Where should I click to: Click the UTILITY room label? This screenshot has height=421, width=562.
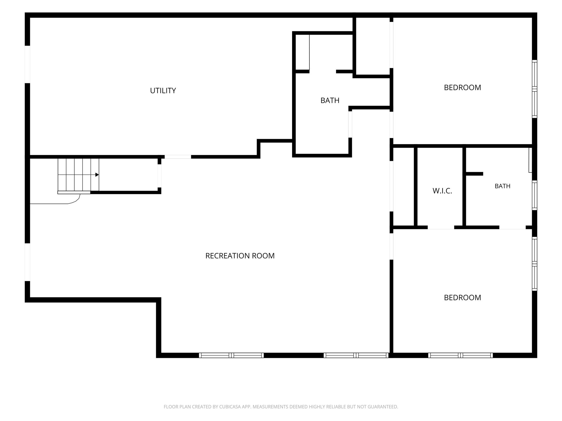(163, 91)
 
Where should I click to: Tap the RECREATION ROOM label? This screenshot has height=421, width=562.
(240, 256)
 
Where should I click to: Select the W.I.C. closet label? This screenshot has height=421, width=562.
(442, 191)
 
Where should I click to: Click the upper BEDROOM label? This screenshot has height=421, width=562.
(462, 87)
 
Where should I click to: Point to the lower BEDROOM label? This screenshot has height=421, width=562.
(462, 297)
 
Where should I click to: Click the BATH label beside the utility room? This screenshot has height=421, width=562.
(330, 100)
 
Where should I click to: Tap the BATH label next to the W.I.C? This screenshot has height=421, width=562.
(503, 186)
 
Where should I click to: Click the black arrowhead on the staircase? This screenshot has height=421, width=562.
(97, 175)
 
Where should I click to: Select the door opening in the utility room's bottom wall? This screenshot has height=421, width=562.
(178, 157)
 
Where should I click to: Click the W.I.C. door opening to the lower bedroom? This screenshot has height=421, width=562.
(441, 227)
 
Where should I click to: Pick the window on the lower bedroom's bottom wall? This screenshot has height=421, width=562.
(460, 355)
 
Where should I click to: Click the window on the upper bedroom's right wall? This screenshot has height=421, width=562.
(534, 89)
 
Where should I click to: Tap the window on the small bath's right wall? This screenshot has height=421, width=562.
(534, 195)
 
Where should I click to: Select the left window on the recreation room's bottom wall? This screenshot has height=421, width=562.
(231, 355)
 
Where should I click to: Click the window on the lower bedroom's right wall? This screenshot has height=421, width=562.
(534, 264)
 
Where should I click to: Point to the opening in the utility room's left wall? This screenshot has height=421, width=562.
(28, 64)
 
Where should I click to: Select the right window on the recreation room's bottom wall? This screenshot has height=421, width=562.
(356, 355)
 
